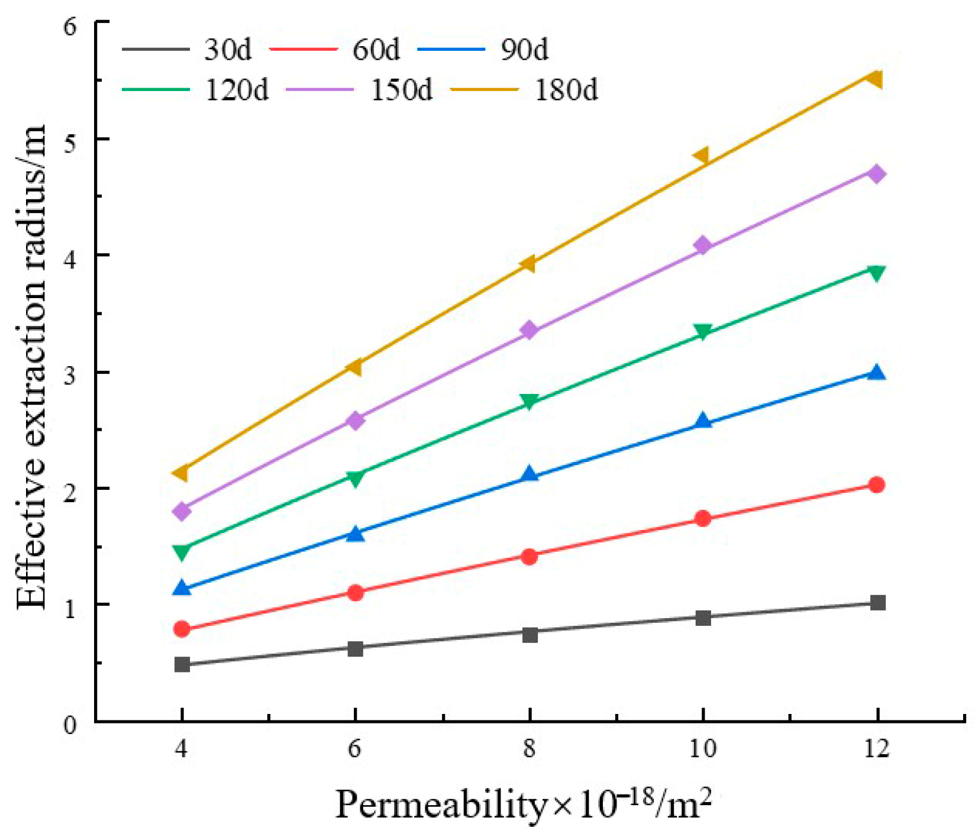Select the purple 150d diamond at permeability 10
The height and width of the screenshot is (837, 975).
[702, 245]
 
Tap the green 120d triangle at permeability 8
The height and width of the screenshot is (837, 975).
[530, 402]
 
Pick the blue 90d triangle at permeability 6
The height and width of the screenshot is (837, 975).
[355, 534]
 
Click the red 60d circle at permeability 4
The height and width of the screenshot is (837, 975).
[182, 629]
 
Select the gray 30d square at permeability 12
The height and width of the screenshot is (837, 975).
[877, 603]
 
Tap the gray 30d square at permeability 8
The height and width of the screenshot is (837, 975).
[530, 635]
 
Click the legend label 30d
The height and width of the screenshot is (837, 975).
[228, 50]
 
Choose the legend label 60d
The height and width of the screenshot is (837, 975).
[376, 50]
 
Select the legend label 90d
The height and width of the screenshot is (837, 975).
[524, 50]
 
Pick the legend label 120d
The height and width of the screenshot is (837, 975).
[237, 90]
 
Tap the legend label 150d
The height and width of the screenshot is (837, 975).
[402, 90]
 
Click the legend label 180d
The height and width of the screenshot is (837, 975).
[566, 90]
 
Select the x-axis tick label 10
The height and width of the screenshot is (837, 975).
[702, 749]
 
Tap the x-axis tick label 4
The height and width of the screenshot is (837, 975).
[181, 749]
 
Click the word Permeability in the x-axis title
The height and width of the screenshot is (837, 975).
[441, 805]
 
